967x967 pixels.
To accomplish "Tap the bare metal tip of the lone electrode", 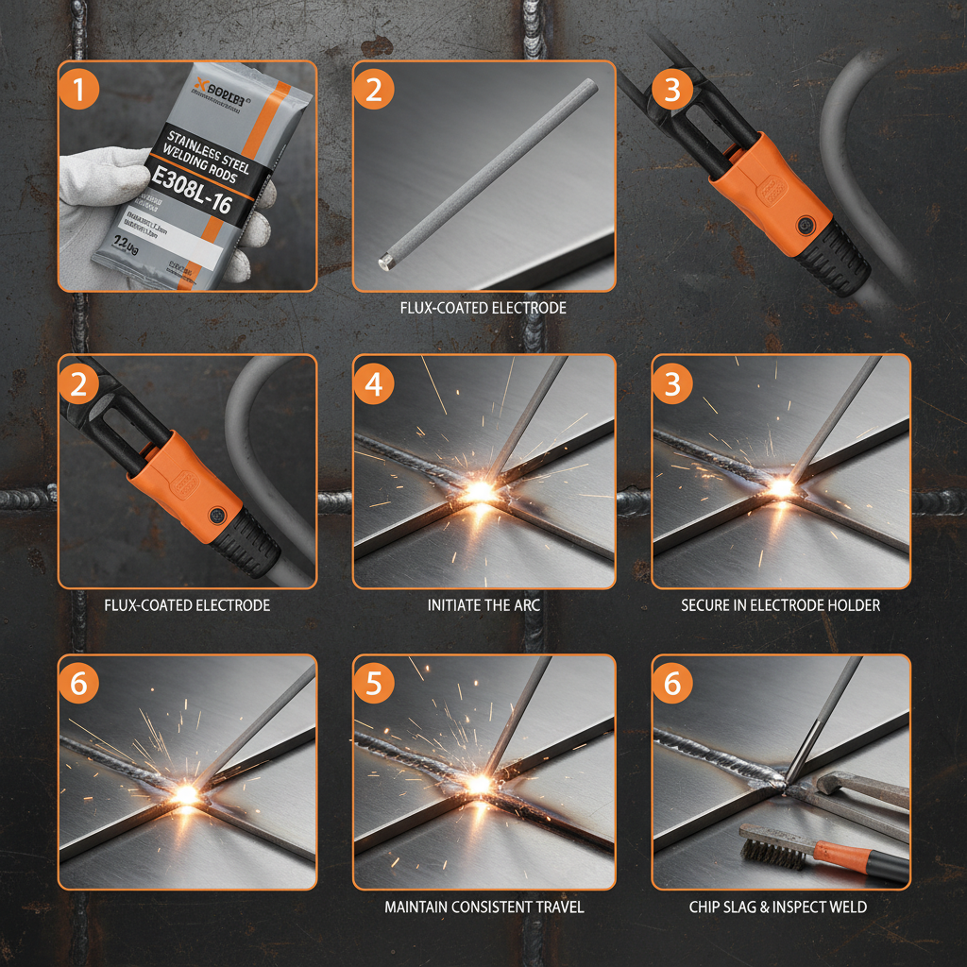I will (x=385, y=260).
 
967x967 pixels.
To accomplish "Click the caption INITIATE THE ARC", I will (x=483, y=604).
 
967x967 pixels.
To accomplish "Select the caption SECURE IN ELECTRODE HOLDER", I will (x=780, y=604).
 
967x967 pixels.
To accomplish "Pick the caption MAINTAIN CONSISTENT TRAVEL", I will (x=483, y=907).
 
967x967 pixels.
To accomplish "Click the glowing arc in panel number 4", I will (x=479, y=490).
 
